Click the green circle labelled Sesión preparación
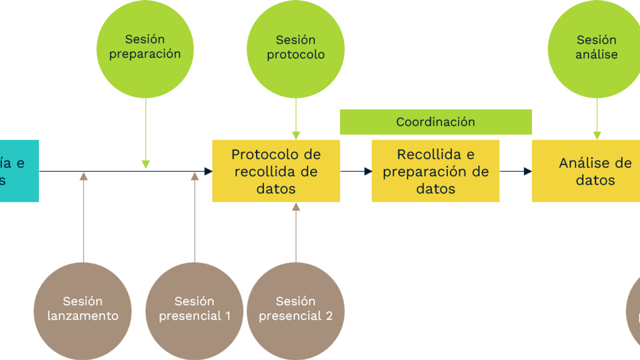coord(145,49)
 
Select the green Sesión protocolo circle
coord(295,49)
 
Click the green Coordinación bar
coord(435,122)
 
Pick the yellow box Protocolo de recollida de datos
coord(276,171)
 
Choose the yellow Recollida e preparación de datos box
coord(435,171)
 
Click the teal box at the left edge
coord(19,171)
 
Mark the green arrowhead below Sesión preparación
coord(145,164)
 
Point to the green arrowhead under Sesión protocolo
coord(296,134)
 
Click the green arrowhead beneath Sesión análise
coord(597,134)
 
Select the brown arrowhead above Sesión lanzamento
coord(83,176)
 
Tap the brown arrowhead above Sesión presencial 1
coord(194,176)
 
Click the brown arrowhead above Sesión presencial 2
coord(296,207)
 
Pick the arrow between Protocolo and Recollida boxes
coord(356,171)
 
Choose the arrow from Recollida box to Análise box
coord(515,171)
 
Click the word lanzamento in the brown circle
coord(83,316)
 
